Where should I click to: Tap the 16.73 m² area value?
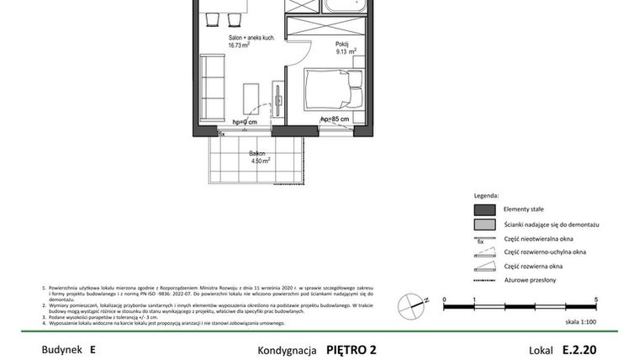(x=242, y=47)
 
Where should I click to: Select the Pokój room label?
(x=341, y=42)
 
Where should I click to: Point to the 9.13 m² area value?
(x=343, y=50)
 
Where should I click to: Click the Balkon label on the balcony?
(x=257, y=153)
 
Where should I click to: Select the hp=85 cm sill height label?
(x=335, y=119)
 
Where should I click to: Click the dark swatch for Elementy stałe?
(x=483, y=209)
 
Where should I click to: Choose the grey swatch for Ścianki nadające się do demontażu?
(x=483, y=225)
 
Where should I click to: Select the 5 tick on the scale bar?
(x=596, y=299)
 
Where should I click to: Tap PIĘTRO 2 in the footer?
(x=351, y=348)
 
